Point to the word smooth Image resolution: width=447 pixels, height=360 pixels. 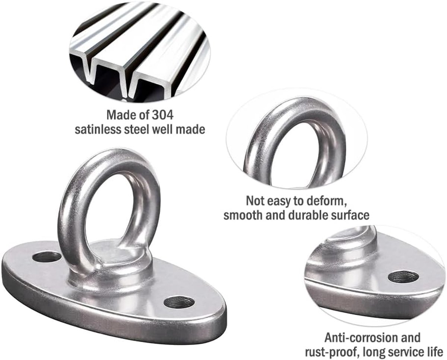(243, 215)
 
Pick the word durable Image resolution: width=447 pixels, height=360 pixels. (307, 215)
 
